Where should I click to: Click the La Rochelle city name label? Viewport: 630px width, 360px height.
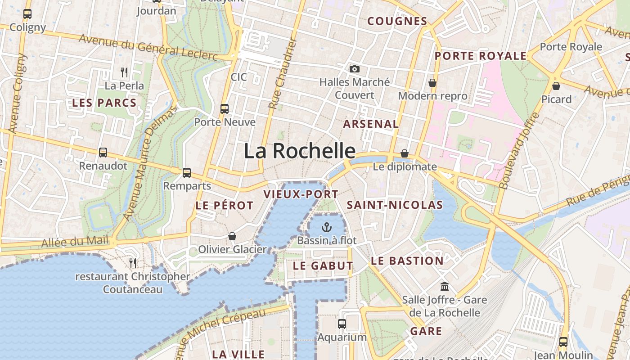click(300, 151)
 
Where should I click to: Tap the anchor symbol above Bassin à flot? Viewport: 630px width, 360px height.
click(327, 227)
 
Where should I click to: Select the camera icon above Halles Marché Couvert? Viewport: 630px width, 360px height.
click(355, 69)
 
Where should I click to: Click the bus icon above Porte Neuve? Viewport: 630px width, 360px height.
click(224, 108)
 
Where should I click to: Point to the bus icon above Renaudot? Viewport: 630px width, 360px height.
click(103, 153)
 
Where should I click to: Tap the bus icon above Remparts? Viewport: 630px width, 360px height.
click(186, 172)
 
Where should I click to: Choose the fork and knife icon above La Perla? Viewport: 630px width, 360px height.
click(124, 72)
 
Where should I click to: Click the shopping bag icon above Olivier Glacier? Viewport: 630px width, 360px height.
click(232, 236)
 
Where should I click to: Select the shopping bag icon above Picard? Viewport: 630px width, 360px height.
click(556, 85)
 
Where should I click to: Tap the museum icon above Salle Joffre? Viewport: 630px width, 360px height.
click(445, 286)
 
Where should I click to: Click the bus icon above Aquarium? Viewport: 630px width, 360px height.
click(342, 324)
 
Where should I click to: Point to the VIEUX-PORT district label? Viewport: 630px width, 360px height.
click(301, 194)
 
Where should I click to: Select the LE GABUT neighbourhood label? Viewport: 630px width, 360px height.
click(323, 265)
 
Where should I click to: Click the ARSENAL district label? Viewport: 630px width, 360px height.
click(371, 124)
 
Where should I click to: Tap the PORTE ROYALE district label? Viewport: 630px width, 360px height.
click(480, 56)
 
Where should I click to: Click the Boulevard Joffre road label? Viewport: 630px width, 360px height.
click(519, 151)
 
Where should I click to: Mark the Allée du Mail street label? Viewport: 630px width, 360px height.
click(75, 242)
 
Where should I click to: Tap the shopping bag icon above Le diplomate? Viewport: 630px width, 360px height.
click(405, 153)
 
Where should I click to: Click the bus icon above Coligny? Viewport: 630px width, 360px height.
click(27, 14)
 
